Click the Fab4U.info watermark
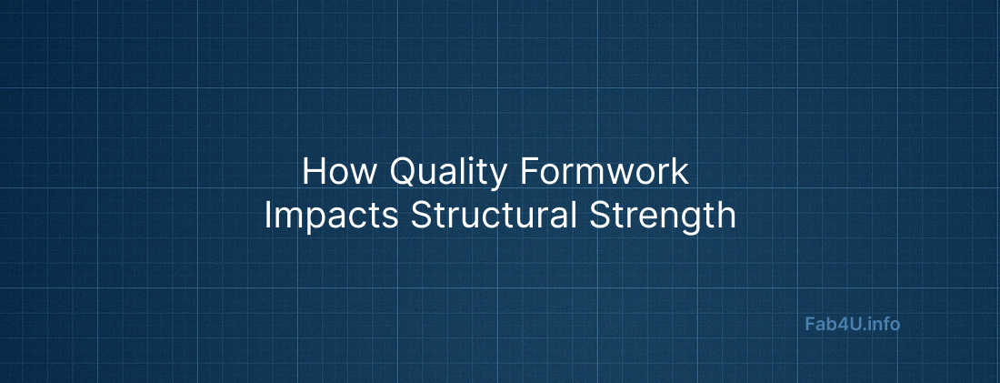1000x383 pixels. (853, 323)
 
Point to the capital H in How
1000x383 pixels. (313, 172)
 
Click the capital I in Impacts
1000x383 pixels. (268, 216)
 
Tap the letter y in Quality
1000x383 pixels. (495, 176)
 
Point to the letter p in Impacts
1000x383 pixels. (314, 219)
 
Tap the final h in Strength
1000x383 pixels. (725, 216)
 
